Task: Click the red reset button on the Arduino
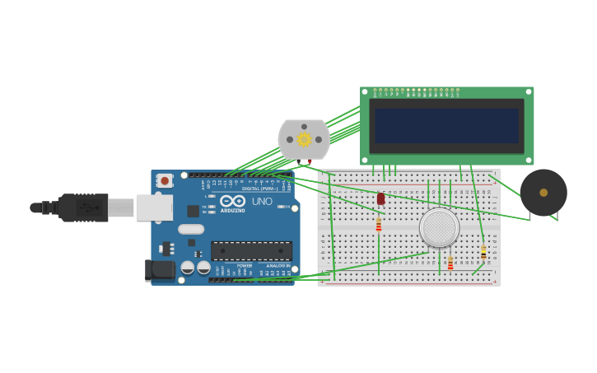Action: (165, 180)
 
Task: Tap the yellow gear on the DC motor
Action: (304, 139)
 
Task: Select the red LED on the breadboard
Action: (380, 198)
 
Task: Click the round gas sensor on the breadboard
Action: (439, 227)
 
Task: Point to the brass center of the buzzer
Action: (543, 193)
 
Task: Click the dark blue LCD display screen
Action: (446, 126)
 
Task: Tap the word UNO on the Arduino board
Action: (262, 202)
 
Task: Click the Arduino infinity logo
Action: (232, 201)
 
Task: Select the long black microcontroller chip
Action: (251, 250)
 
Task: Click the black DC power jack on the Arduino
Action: (160, 269)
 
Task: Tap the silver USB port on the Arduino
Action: (154, 207)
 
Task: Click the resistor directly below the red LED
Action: (379, 225)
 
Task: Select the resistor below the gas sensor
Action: (450, 263)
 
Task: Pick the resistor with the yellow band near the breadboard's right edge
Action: (483, 253)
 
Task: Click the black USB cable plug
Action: (82, 207)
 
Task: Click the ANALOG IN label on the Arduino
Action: (277, 266)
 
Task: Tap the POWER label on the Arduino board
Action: (245, 266)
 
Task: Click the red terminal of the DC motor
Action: (310, 161)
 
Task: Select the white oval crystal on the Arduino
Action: (190, 230)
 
